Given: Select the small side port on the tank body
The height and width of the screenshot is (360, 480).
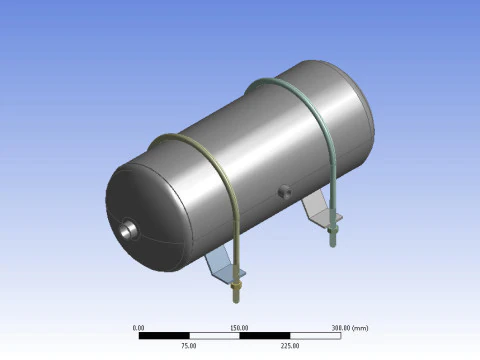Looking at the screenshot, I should (283, 188).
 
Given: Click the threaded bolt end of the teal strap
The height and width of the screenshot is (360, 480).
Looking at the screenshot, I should (330, 234).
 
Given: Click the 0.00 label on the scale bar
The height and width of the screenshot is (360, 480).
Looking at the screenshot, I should (139, 327).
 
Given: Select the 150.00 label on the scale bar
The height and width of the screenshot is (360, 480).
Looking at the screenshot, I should (239, 327).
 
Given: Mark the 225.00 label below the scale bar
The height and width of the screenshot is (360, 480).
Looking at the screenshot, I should (289, 345).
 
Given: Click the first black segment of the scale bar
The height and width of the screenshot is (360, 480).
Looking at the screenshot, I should (164, 335).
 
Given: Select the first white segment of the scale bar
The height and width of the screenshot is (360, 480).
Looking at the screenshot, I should (214, 335).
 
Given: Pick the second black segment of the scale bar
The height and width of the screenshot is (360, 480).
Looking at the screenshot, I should (264, 335).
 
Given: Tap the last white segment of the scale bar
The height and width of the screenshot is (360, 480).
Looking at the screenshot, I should (314, 335).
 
